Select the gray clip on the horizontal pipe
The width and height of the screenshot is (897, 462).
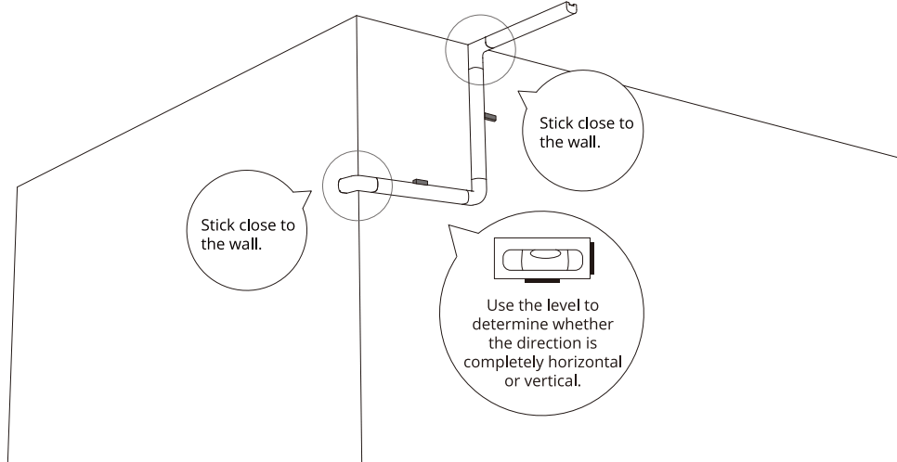[419, 182]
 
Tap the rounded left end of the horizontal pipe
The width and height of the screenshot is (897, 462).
[345, 185]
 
